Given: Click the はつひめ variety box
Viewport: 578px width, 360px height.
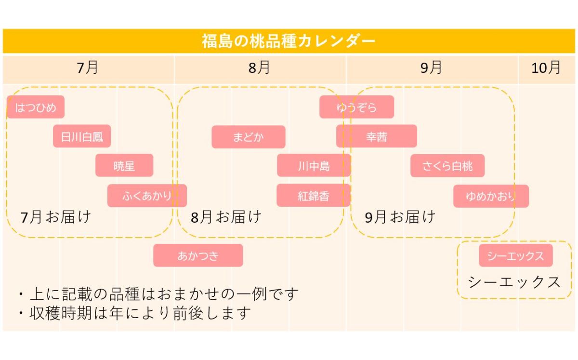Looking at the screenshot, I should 36,107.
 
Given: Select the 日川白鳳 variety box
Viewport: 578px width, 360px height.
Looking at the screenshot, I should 82,136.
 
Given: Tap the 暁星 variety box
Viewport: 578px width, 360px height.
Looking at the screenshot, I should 124,166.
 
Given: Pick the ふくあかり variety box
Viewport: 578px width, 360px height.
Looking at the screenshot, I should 147,196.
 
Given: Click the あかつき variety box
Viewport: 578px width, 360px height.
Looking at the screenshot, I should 198,255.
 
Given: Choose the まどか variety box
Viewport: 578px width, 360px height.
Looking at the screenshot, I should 249,137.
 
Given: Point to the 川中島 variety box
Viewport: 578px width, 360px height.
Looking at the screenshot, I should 314,166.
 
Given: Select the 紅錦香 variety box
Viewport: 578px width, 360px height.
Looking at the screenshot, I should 313,196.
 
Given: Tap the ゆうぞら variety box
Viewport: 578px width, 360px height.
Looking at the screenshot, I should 356,107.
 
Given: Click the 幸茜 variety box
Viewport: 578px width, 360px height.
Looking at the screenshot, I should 377,136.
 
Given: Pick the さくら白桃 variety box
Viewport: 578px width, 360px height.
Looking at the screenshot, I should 447,166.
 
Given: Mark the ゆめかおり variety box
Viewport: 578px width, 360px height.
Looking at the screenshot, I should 491,196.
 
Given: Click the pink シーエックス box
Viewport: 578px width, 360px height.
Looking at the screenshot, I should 516,255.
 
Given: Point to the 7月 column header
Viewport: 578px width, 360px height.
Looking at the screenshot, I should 88,68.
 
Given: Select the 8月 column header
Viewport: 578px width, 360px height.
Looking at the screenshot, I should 260,68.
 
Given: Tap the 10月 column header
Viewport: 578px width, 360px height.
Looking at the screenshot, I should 546,68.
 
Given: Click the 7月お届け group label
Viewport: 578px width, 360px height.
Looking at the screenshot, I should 56,217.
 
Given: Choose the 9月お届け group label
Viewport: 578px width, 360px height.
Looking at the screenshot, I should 400,217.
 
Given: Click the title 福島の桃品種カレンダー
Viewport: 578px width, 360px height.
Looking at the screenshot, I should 289,41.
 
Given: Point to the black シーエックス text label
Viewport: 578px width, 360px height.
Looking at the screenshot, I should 514,282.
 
